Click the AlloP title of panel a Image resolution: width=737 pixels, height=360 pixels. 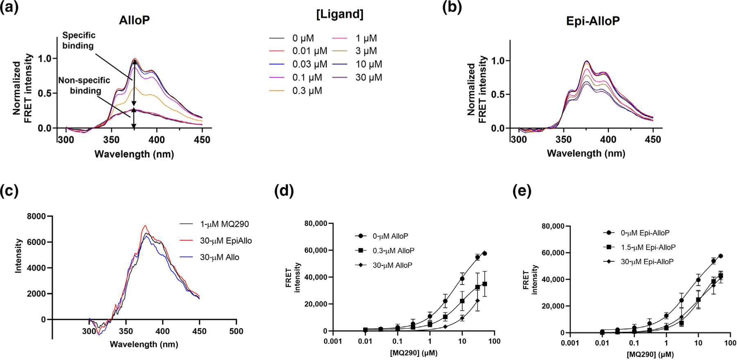point(134,20)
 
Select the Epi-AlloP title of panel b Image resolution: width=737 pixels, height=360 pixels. point(592,21)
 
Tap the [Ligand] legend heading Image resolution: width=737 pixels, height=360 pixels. point(340,14)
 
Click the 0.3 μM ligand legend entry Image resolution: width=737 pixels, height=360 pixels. point(307,91)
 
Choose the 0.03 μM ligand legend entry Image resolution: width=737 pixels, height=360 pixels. point(309,64)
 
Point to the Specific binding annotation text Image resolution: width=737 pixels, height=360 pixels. point(78,41)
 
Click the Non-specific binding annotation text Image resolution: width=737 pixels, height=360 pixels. point(84,85)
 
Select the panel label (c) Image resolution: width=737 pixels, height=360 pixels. point(9,191)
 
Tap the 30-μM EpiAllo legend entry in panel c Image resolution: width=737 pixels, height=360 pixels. point(226,241)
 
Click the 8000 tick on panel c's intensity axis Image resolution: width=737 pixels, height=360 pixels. point(37,216)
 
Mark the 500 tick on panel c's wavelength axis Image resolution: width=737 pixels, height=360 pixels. point(236,331)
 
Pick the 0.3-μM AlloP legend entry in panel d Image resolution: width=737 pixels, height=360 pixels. point(393,251)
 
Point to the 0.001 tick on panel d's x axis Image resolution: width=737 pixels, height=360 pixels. point(333,341)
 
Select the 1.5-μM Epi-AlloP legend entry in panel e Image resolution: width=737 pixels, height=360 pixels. point(648,247)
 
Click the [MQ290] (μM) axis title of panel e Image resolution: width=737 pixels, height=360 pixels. point(650,354)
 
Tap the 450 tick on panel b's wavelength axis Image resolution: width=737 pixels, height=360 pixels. point(653,140)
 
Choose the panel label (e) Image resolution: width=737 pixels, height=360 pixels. point(522,191)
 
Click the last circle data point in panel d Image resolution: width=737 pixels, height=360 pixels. point(485,254)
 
